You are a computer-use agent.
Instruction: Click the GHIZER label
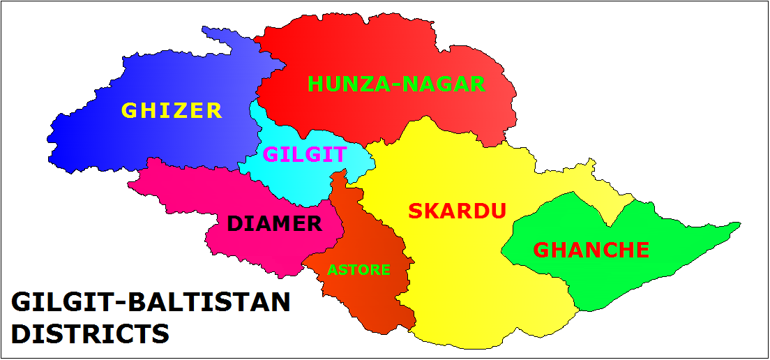tap(172, 110)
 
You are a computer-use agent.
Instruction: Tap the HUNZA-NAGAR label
tap(395, 84)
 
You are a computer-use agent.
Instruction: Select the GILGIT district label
tap(305, 154)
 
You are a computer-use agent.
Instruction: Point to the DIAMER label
tap(275, 224)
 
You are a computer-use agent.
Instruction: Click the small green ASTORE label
tap(358, 269)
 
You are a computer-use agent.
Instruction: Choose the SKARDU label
tap(457, 211)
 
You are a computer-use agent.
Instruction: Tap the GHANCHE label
tap(591, 250)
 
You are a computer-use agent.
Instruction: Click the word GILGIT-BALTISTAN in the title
tap(151, 303)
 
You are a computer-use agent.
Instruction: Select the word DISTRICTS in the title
tap(91, 333)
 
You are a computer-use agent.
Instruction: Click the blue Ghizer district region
tap(105, 140)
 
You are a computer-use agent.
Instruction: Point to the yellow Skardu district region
tap(474, 293)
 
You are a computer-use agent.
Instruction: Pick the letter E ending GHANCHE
tap(642, 250)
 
